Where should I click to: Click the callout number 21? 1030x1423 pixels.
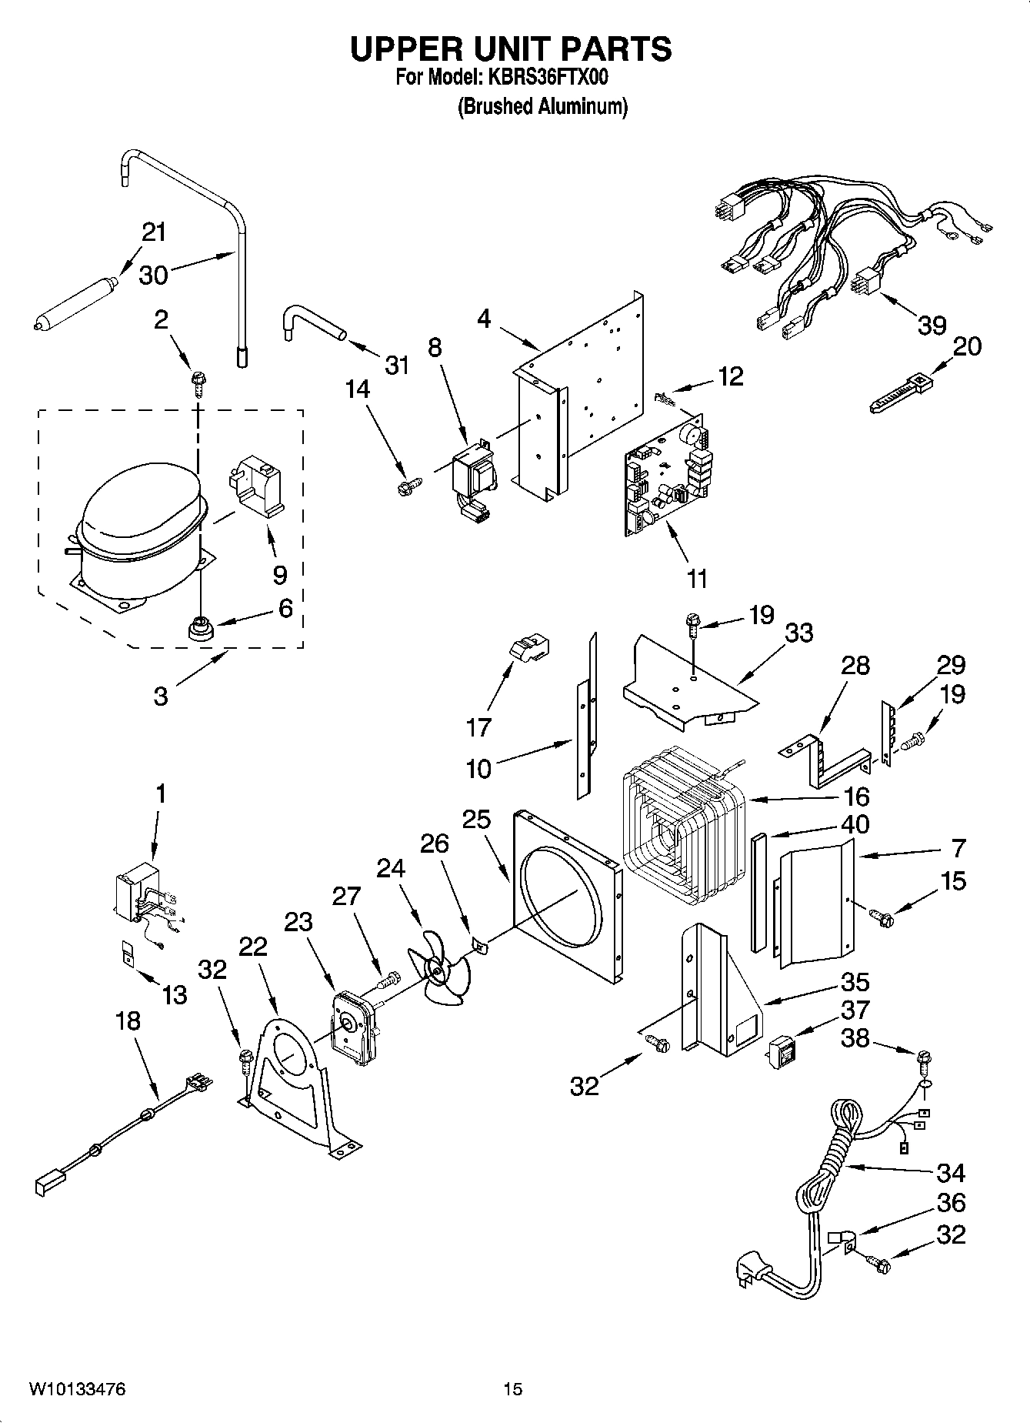(154, 232)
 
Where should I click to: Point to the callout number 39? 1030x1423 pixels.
(932, 326)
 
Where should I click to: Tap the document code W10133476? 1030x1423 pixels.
(77, 1389)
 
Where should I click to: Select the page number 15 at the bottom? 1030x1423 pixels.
(512, 1389)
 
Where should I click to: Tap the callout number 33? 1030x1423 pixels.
(799, 633)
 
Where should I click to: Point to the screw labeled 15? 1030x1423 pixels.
(879, 917)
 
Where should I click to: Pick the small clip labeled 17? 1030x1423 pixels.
(528, 649)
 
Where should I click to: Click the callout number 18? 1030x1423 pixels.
(128, 1021)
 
